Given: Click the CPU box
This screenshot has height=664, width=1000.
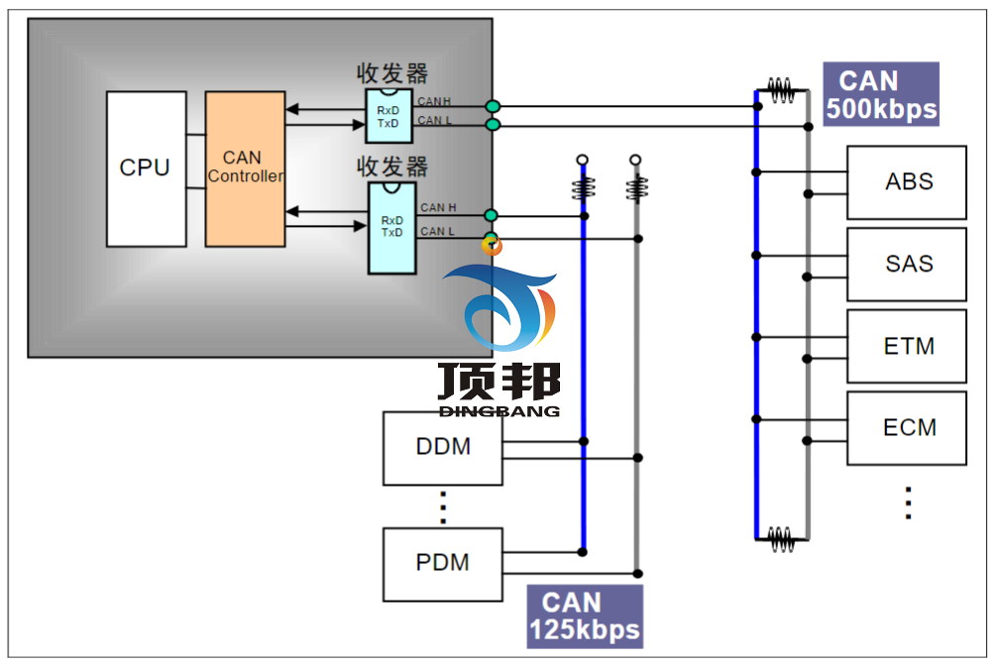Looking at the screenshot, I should point(146,168).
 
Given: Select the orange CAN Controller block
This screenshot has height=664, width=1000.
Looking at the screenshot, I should point(245,168).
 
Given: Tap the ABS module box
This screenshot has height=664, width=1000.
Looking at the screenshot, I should point(906,182).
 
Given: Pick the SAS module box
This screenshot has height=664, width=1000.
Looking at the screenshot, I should point(906,265).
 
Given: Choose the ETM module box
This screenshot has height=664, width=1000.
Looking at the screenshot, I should point(906,347).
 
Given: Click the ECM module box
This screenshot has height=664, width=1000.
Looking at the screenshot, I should point(906,428).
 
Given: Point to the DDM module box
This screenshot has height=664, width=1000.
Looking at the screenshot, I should point(442,448).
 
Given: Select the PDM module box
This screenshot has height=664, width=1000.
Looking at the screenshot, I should point(442,563).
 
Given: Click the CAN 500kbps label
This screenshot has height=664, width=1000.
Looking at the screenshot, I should point(880,95).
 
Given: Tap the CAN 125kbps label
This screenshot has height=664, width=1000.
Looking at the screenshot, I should point(584,615).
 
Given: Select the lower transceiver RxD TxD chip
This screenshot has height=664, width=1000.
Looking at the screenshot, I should point(391,227).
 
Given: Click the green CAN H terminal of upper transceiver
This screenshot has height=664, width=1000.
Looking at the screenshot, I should point(493,106).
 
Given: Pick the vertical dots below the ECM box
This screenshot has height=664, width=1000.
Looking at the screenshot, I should point(908,502).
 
